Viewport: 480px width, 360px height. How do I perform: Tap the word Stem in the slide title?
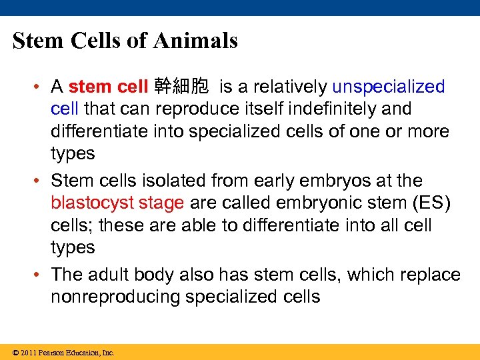point(37,41)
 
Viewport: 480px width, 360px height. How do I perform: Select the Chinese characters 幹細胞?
point(181,87)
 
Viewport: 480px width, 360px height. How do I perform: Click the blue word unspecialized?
point(388,87)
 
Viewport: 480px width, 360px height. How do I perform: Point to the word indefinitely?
point(365,109)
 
